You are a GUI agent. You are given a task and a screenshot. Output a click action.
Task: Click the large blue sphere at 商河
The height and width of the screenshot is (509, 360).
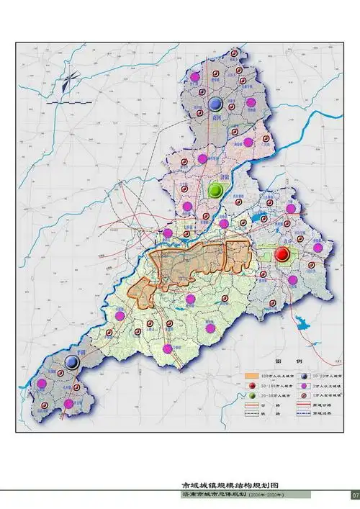pyautogui.click(x=215, y=102)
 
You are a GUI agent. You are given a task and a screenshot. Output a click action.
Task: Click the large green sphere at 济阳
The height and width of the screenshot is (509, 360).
pyautogui.click(x=215, y=190)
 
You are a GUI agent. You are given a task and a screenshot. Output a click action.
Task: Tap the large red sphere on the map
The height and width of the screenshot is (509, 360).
pyautogui.click(x=282, y=253)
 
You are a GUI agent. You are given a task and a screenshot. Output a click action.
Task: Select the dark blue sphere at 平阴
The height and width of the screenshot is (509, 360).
pyautogui.click(x=72, y=363)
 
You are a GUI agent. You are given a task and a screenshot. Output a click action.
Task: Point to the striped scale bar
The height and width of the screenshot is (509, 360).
pyautogui.click(x=60, y=104)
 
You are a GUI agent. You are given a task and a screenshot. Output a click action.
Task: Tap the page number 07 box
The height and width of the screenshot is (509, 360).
pyautogui.click(x=354, y=495)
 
